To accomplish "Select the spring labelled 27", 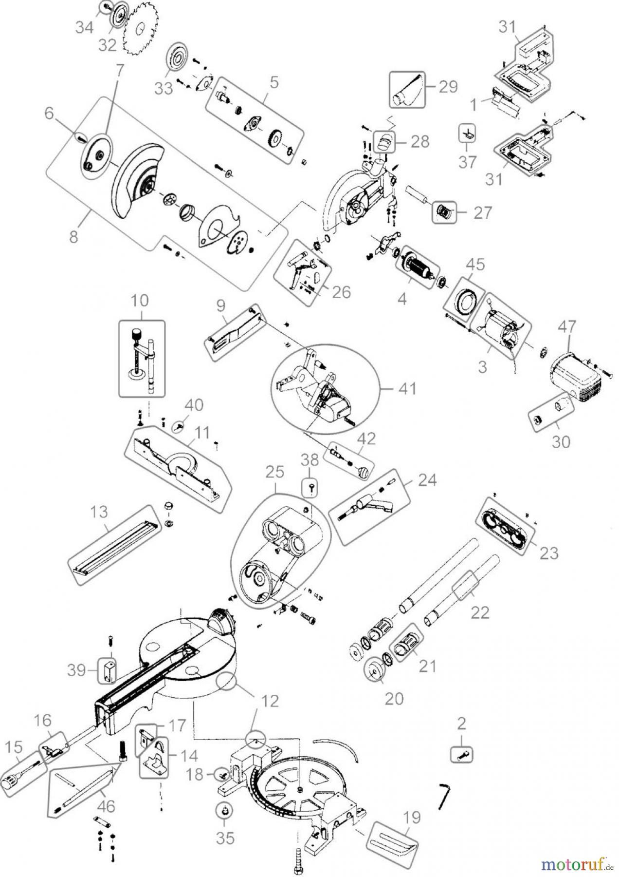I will pyautogui.click(x=443, y=212).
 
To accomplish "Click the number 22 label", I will pyautogui.click(x=479, y=612).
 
